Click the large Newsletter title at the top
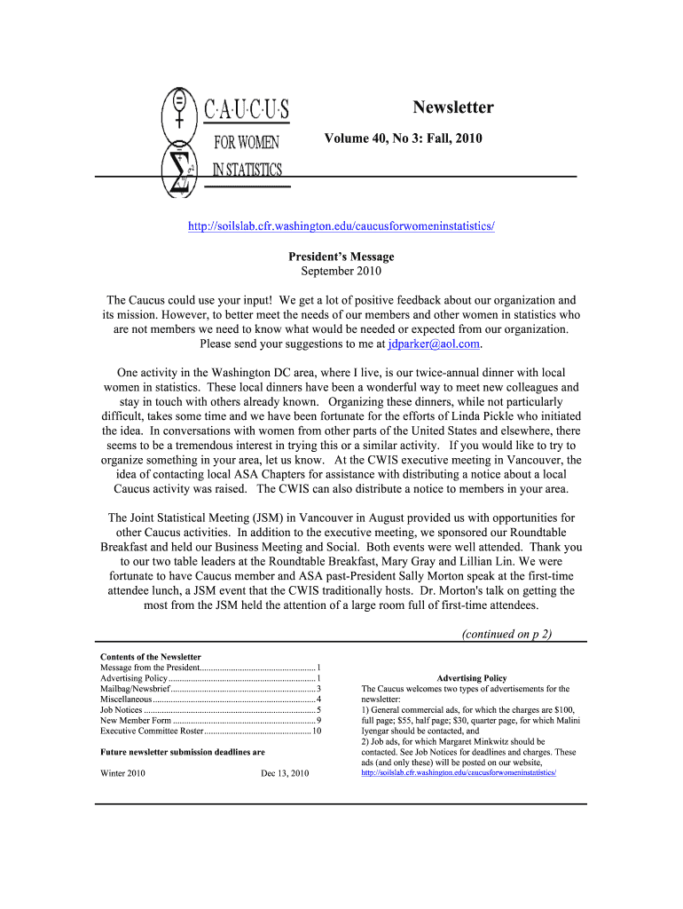tap(452, 107)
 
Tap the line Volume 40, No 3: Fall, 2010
tap(403, 138)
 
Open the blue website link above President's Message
tap(341, 226)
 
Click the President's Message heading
tap(341, 257)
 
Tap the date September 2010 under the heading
tap(341, 271)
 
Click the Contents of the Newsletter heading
tap(151, 657)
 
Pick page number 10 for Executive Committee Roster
tap(316, 731)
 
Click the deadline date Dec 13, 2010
tap(285, 774)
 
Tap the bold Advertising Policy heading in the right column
tap(471, 678)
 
